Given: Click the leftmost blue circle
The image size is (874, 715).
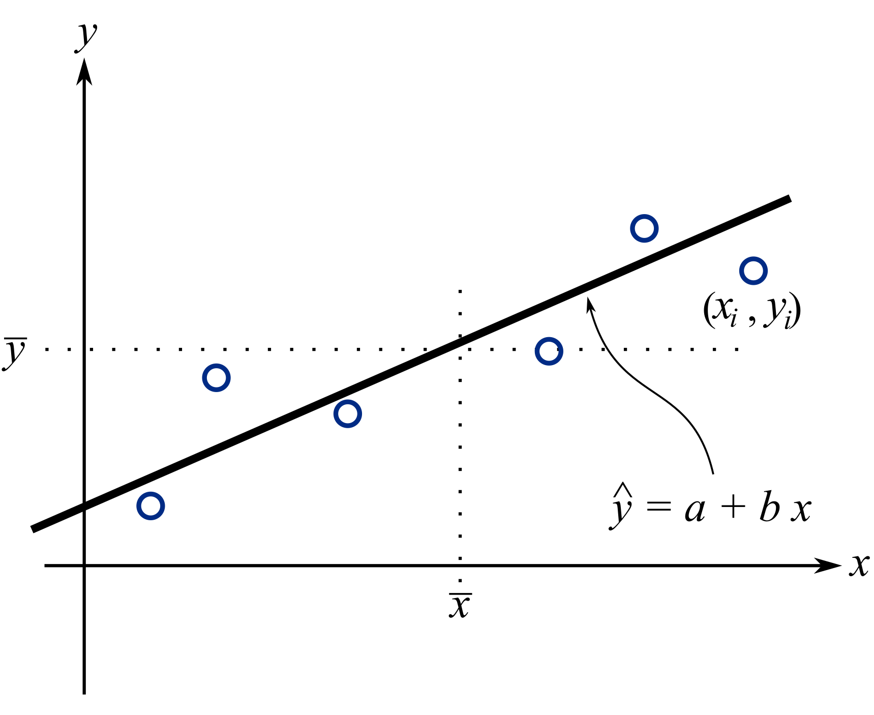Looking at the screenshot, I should [x=150, y=506].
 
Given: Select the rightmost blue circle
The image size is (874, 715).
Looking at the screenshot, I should [x=753, y=271].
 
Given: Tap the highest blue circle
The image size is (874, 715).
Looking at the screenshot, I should [x=644, y=228].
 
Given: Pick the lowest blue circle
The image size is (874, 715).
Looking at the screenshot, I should [x=150, y=506].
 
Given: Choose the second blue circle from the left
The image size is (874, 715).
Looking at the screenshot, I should [x=216, y=378].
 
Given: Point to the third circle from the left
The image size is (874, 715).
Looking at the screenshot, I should [x=348, y=414].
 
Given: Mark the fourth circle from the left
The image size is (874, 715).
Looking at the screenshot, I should [x=549, y=351].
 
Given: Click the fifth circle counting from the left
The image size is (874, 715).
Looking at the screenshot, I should [x=644, y=228].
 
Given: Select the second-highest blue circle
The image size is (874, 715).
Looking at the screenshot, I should [x=753, y=271].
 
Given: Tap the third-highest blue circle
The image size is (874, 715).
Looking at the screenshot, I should [x=549, y=351].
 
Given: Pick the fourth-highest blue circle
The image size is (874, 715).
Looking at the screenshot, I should [x=216, y=378].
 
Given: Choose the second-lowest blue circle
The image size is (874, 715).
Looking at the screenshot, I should [x=348, y=414].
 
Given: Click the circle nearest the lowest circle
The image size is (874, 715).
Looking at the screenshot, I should [x=216, y=378].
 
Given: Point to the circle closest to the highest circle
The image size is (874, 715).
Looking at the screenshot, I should [x=753, y=271].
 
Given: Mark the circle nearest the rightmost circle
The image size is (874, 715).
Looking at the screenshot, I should [x=644, y=228].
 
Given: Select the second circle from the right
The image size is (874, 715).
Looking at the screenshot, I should [x=644, y=228].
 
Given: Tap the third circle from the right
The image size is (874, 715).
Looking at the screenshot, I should [x=549, y=351].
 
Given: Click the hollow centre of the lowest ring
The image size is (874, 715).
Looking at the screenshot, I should [x=150, y=506].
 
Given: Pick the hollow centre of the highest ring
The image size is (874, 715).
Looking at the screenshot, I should [x=644, y=228].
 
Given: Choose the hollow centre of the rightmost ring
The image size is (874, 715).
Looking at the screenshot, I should [x=753, y=271].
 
